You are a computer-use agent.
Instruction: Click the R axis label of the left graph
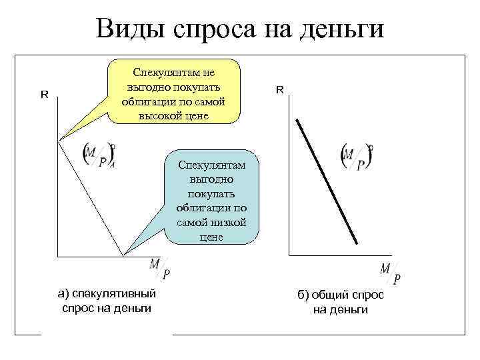pyautogui.click(x=45, y=94)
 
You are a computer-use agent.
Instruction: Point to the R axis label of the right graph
pyautogui.click(x=280, y=89)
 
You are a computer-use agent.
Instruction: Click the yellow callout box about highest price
pyautogui.click(x=173, y=93)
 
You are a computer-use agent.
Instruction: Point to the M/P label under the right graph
pyautogui.click(x=391, y=273)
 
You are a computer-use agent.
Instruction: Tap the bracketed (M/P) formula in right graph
pyautogui.click(x=356, y=158)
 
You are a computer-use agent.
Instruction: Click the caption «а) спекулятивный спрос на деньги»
pyautogui.click(x=107, y=300)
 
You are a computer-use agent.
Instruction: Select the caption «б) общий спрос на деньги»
pyautogui.click(x=341, y=303)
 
